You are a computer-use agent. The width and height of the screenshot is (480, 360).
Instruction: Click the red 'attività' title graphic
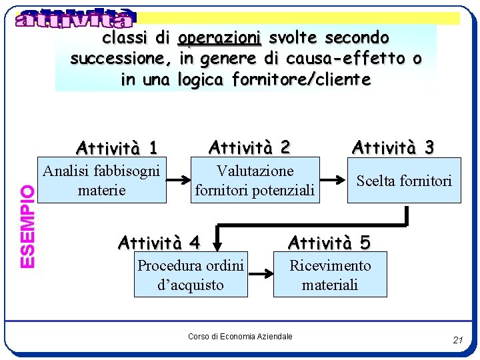click(x=75, y=18)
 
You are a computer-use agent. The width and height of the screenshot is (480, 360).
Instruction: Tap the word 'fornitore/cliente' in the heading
click(x=301, y=80)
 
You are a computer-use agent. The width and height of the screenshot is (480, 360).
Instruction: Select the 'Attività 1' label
click(x=117, y=147)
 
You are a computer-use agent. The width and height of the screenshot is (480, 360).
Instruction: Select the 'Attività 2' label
click(x=250, y=146)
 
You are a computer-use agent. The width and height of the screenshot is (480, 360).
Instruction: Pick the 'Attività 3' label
click(x=393, y=147)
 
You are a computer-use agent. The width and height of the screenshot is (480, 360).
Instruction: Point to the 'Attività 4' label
click(x=159, y=241)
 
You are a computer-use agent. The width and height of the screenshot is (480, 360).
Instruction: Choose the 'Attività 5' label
click(x=329, y=241)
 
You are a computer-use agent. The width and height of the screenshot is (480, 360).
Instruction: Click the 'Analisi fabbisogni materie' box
click(x=101, y=181)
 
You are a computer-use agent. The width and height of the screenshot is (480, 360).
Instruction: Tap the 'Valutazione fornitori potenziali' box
click(x=254, y=181)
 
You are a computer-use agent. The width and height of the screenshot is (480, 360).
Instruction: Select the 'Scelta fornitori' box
click(x=404, y=181)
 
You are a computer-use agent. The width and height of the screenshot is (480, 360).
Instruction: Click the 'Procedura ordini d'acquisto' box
click(x=191, y=275)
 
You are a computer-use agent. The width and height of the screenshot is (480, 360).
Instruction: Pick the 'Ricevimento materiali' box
click(x=330, y=275)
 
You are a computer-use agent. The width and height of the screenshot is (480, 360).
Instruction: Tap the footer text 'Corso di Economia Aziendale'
click(x=240, y=337)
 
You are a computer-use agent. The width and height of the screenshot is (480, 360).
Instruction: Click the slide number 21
click(x=457, y=340)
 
